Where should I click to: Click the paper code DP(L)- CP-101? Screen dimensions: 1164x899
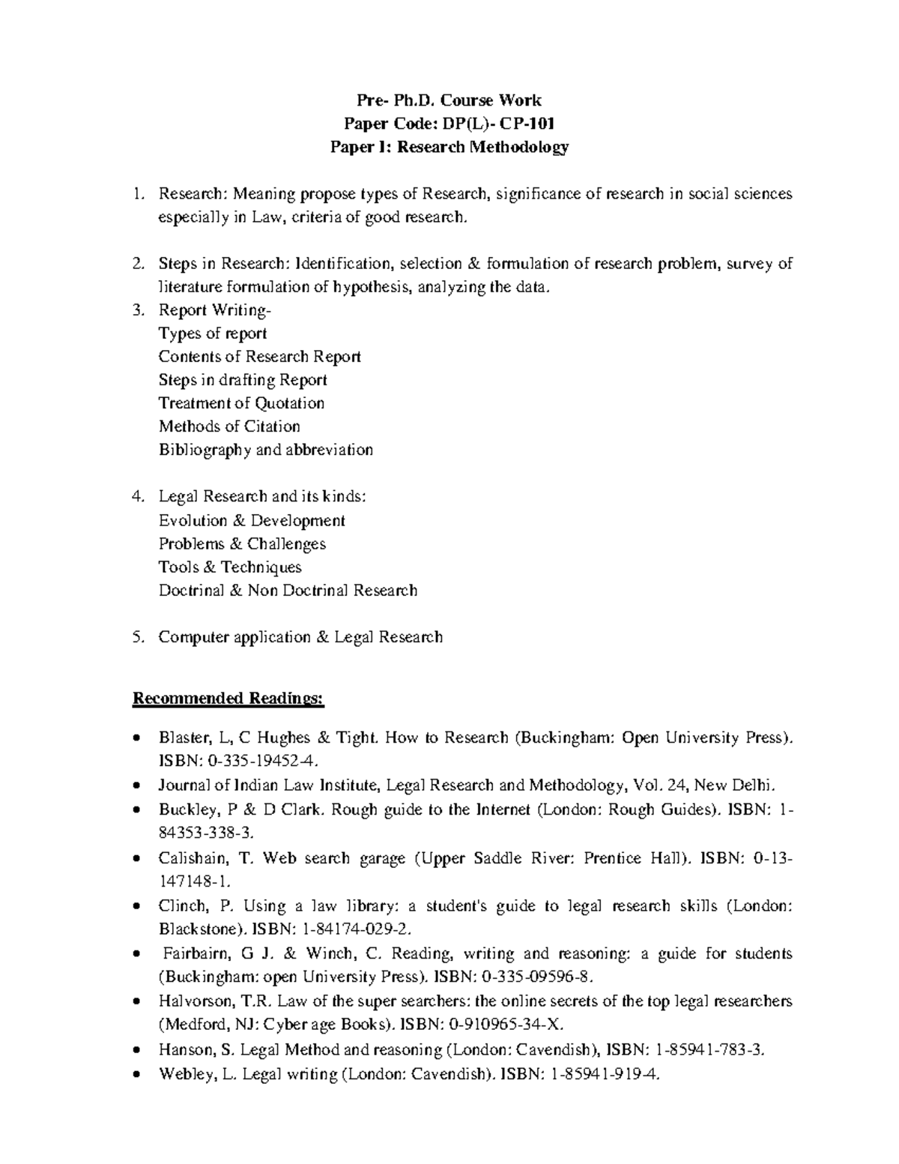[x=495, y=123]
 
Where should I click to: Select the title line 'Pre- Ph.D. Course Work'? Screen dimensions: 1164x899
[x=449, y=100]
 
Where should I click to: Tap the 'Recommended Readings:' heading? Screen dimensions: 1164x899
[x=228, y=699]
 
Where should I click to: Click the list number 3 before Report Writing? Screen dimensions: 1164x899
[x=136, y=310]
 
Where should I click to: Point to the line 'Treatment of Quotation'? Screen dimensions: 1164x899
[x=241, y=403]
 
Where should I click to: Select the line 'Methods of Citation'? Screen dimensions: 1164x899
[x=229, y=426]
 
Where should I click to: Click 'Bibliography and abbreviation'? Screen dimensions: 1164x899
[x=265, y=450]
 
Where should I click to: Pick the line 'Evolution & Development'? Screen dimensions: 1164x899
[x=252, y=520]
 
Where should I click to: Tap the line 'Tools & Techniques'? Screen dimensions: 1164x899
[x=230, y=567]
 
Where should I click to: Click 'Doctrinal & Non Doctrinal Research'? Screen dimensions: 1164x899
[x=288, y=590]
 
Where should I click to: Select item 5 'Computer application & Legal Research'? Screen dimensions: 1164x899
[x=300, y=637]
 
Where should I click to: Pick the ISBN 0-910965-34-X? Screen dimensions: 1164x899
[x=503, y=1025]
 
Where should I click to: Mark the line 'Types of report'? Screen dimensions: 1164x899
[x=213, y=334]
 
